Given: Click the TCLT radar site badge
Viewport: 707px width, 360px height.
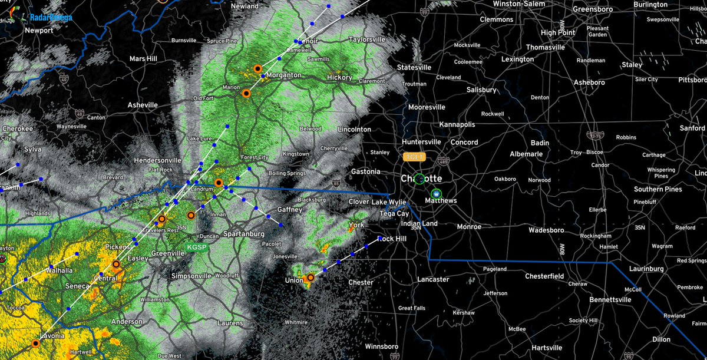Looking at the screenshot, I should [414, 157].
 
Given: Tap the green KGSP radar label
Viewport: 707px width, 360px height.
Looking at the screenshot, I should [197, 247].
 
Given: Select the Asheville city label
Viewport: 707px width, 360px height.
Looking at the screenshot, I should [143, 105].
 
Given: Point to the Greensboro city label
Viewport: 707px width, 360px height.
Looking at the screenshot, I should [599, 9].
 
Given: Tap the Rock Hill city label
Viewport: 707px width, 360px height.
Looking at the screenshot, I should [392, 239].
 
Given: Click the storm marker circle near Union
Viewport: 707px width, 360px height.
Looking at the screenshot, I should [310, 278].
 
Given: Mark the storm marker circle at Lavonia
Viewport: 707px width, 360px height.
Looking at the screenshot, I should [35, 343].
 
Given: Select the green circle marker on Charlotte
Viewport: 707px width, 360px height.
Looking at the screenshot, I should [419, 179].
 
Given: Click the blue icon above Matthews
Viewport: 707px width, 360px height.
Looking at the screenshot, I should [436, 193].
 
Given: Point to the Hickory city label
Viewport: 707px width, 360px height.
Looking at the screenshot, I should [339, 77].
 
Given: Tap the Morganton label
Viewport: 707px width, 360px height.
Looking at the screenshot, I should [284, 75].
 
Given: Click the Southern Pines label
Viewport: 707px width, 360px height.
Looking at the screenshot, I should [658, 189].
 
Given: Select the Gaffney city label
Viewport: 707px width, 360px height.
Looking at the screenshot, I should [289, 210].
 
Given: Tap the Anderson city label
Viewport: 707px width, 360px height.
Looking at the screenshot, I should [127, 322].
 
